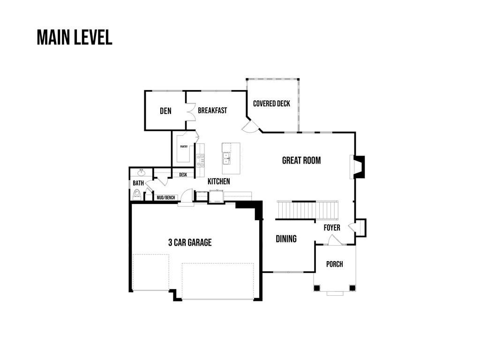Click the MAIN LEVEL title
pos(75,37)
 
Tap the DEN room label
pos(165,111)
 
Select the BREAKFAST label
pos(212,111)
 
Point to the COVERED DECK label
pos(271,104)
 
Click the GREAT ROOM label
pos(301,160)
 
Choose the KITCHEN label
pos(219,181)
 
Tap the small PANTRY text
pos(184,147)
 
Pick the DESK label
pos(183,175)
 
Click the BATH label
pos(138,183)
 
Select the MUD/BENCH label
pos(166,198)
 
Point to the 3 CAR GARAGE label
pos(190,242)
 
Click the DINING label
pos(286,239)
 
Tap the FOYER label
pos(332,228)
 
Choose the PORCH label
pos(334,264)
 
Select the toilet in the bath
pos(137,194)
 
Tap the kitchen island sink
pos(226,158)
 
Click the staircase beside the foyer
pos(307,210)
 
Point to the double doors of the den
pos(190,111)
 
